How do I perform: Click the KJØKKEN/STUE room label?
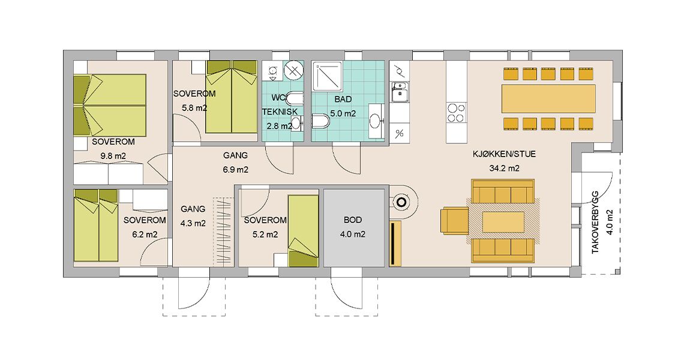[x=504, y=154]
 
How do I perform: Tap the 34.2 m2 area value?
[x=504, y=168]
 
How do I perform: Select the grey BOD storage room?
[x=354, y=227]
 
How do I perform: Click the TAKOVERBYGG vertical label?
[x=596, y=222]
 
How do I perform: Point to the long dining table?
[x=548, y=99]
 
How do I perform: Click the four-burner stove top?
[x=456, y=112]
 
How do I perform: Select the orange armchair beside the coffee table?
[x=455, y=220]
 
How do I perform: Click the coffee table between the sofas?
[x=503, y=222]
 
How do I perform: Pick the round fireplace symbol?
[x=401, y=203]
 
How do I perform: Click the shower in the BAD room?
[x=327, y=76]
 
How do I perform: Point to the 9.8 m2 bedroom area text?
[x=113, y=156]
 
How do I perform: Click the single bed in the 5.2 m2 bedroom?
[x=303, y=231]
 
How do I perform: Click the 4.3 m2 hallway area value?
[x=193, y=223]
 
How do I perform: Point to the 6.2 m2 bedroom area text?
[x=145, y=234]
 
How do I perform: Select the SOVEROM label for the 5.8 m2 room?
[x=194, y=94]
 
